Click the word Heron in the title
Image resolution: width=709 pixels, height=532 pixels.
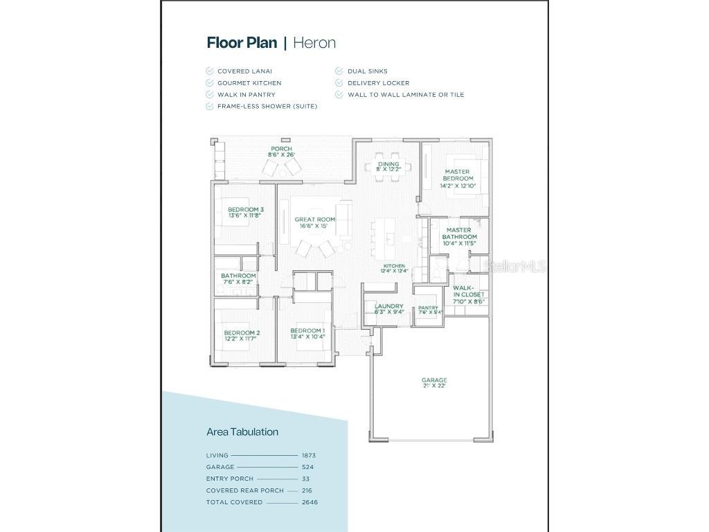[314, 42]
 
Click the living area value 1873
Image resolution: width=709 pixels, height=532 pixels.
[309, 455]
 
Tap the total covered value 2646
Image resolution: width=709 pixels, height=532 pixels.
[309, 502]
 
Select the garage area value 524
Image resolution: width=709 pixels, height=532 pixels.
[307, 467]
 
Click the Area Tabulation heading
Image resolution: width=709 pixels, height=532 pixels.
[242, 432]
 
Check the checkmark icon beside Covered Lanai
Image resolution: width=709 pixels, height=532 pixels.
[210, 71]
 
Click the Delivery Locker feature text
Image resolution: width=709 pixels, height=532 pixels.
[378, 82]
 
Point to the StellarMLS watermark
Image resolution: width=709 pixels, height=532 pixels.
[515, 266]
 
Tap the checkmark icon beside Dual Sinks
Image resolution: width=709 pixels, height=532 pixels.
[340, 71]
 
